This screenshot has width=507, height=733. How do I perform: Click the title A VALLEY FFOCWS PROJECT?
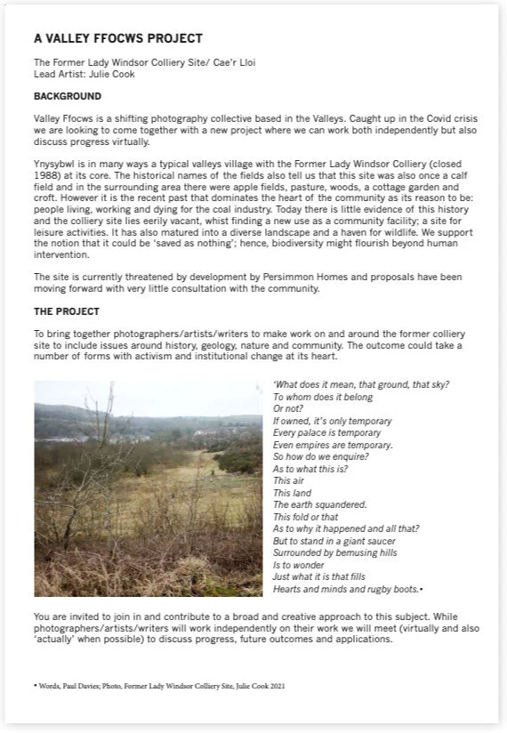(117, 39)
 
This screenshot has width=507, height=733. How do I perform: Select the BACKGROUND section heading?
(68, 96)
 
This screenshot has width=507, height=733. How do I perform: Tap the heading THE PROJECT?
(67, 312)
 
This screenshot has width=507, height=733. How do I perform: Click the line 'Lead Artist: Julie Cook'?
(84, 75)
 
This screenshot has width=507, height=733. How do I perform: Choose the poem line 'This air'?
(288, 480)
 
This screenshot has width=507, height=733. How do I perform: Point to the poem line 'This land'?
(292, 493)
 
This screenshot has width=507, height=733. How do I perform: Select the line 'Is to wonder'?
(299, 565)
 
